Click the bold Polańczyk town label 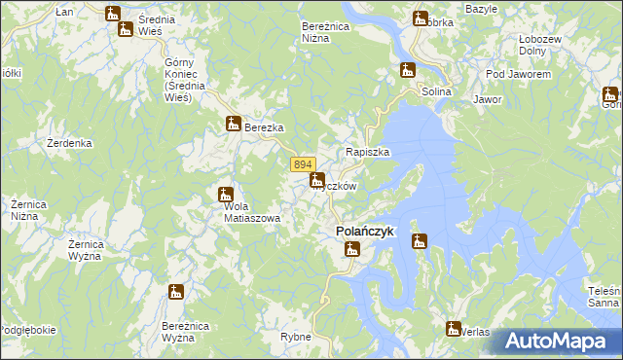(364, 232)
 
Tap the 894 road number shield (302, 165)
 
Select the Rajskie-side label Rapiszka (368, 153)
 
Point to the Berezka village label (263, 127)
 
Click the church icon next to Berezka (233, 124)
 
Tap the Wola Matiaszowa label (251, 212)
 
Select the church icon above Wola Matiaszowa (226, 195)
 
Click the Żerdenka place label (69, 143)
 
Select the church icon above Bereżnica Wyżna (176, 292)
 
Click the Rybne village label (295, 337)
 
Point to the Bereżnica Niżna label (325, 32)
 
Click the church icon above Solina (407, 70)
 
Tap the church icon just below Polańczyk (352, 250)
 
